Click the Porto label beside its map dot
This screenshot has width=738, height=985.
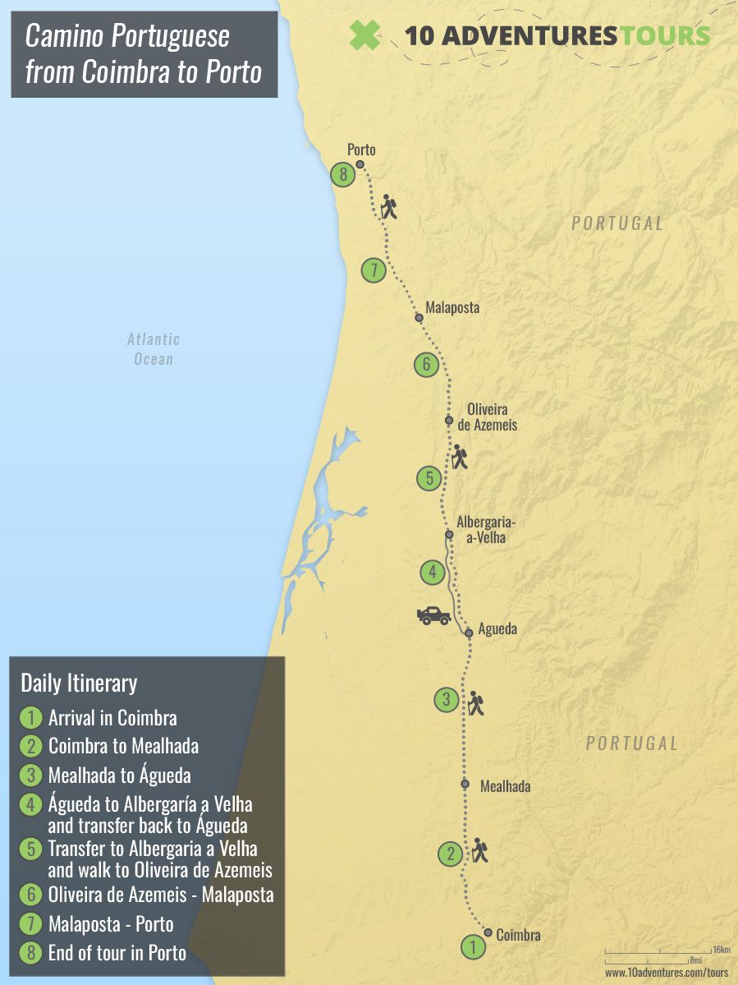361,150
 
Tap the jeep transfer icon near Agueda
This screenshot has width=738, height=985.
433,615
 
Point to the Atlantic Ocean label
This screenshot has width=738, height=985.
154,348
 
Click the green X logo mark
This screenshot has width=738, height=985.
365,35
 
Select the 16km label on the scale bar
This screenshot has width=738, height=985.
721,950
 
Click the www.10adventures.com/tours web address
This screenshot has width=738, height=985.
667,972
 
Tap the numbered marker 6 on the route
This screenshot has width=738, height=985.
426,364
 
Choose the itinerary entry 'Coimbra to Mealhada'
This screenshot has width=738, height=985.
123,746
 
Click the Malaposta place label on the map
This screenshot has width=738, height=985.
452,308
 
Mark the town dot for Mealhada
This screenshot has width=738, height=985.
464,784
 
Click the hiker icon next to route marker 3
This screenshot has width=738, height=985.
475,702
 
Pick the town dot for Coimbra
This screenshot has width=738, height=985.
488,932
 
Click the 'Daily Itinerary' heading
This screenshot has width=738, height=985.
79,683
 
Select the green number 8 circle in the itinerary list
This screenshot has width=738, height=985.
30,954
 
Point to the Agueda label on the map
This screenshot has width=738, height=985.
497,630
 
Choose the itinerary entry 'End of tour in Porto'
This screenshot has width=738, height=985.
117,953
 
